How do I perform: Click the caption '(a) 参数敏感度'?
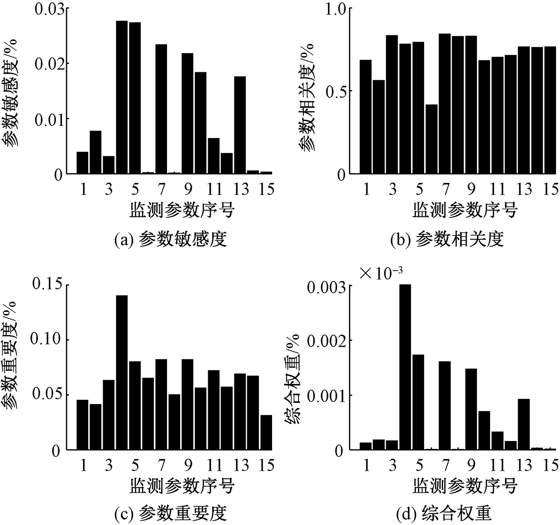coord(171,240)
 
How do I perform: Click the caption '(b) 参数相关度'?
coord(447,240)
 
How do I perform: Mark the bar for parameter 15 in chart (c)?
coord(266,432)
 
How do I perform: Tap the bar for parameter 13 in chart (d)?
coord(524,424)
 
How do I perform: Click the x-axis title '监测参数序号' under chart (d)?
coord(465,487)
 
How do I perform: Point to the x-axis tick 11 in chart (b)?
coord(498,189)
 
